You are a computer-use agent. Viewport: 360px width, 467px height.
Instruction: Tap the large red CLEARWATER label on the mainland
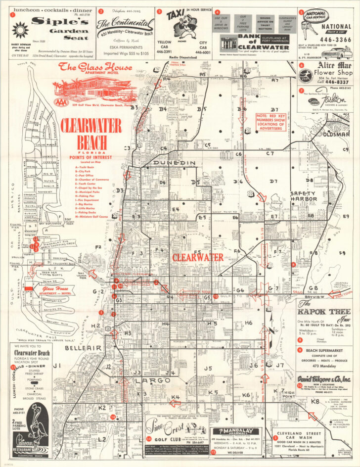[x=198, y=258]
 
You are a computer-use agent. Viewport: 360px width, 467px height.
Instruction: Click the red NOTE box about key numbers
[x=269, y=122]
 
